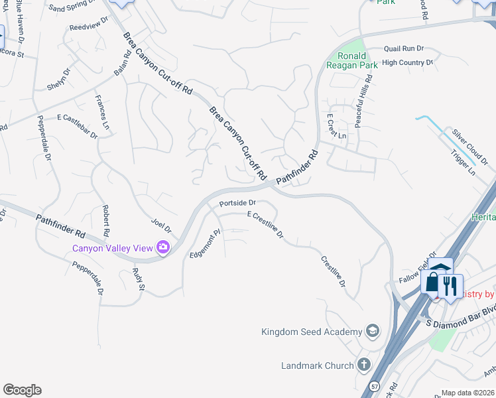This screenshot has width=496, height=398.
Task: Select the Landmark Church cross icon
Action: coord(363,364)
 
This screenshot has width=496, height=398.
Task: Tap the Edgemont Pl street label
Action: coord(205,244)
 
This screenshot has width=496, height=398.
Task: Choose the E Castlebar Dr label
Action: coord(77,127)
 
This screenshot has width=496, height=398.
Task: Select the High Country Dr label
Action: coord(407,63)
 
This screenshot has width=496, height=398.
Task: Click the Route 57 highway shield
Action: coord(375,385)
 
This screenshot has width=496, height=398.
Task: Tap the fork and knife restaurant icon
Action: coord(450,285)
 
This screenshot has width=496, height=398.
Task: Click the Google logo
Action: coord(22,390)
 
